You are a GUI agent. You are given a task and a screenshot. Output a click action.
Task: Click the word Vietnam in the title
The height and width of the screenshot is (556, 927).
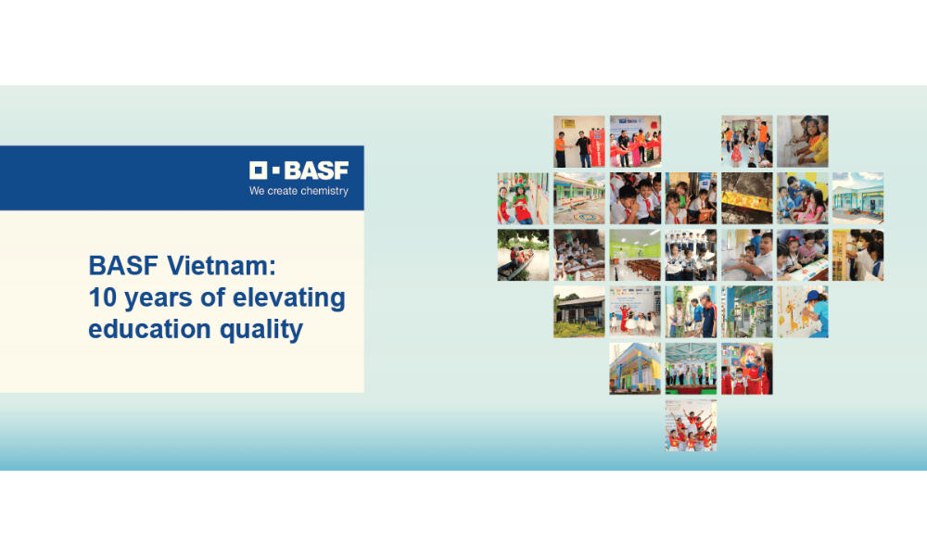222,265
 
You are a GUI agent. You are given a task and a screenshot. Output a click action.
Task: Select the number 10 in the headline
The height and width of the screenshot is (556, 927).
103,297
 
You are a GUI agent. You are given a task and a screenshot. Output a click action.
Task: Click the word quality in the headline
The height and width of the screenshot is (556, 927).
261,330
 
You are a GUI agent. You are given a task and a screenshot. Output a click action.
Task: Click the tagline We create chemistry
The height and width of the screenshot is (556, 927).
298,191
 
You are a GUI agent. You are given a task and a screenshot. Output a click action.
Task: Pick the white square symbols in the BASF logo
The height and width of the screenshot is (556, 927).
264,171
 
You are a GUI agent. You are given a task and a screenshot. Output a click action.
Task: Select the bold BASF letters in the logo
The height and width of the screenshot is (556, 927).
316,171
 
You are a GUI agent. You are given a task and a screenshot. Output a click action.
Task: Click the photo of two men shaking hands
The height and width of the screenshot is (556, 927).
578,141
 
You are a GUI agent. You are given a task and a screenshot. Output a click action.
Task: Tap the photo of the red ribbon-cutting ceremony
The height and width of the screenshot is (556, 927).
635,141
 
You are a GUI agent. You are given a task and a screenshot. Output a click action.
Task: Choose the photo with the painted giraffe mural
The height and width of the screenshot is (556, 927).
802,311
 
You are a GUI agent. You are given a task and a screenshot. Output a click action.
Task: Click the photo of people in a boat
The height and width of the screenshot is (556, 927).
523,255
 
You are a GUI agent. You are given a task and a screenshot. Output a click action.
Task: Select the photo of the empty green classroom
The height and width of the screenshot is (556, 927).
635,255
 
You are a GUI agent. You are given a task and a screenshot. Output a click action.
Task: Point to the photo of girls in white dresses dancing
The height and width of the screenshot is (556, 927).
635,311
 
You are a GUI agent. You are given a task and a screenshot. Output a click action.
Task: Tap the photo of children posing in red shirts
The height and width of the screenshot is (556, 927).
691,425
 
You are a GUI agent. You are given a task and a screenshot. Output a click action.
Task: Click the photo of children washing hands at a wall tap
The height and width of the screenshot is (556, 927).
802,141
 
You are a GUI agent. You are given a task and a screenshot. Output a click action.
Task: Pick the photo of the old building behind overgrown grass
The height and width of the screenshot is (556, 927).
578,311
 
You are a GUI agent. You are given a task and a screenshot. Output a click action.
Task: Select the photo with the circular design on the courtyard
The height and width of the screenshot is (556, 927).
578,198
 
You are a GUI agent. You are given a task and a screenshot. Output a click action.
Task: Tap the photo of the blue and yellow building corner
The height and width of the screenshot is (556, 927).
635,369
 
